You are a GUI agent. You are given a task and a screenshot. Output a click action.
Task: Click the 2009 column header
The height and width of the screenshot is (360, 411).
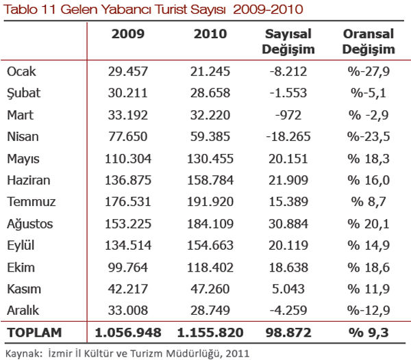click(x=128, y=34)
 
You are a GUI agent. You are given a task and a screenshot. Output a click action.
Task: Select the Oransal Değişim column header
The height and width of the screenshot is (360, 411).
click(x=369, y=42)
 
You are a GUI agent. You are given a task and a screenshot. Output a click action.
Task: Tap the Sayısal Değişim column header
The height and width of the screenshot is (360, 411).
click(x=288, y=42)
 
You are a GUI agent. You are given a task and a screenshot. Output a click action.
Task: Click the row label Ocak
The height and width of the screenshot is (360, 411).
click(x=21, y=71)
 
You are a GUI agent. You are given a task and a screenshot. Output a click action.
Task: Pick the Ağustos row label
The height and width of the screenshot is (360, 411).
click(x=30, y=224)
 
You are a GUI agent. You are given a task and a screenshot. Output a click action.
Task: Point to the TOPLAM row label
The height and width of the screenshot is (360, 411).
click(x=34, y=333)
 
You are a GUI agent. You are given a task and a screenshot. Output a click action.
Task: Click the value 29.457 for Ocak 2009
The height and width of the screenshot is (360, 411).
click(x=128, y=71)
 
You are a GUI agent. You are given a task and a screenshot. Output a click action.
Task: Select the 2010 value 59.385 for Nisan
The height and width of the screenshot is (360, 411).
click(x=210, y=137)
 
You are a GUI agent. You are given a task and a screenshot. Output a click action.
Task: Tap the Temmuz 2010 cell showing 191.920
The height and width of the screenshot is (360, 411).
click(x=210, y=202)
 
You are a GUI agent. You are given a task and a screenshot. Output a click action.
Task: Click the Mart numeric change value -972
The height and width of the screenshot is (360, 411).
click(x=288, y=115)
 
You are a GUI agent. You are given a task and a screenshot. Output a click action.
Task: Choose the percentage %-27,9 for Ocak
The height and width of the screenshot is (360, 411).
click(x=369, y=71)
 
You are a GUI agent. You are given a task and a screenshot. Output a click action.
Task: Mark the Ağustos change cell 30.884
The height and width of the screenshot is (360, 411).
click(x=288, y=224)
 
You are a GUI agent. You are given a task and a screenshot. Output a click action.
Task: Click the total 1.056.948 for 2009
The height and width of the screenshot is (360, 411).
click(x=128, y=333)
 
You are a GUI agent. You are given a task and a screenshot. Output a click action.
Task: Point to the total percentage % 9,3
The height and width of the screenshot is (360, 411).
click(x=369, y=333)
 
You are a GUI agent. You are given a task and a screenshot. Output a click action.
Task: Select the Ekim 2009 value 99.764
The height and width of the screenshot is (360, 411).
click(x=128, y=268)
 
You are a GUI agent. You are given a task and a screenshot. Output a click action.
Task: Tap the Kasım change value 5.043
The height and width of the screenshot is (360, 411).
click(x=288, y=289)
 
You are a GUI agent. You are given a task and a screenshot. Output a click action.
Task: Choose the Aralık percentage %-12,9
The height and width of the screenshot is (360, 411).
click(x=369, y=311)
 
